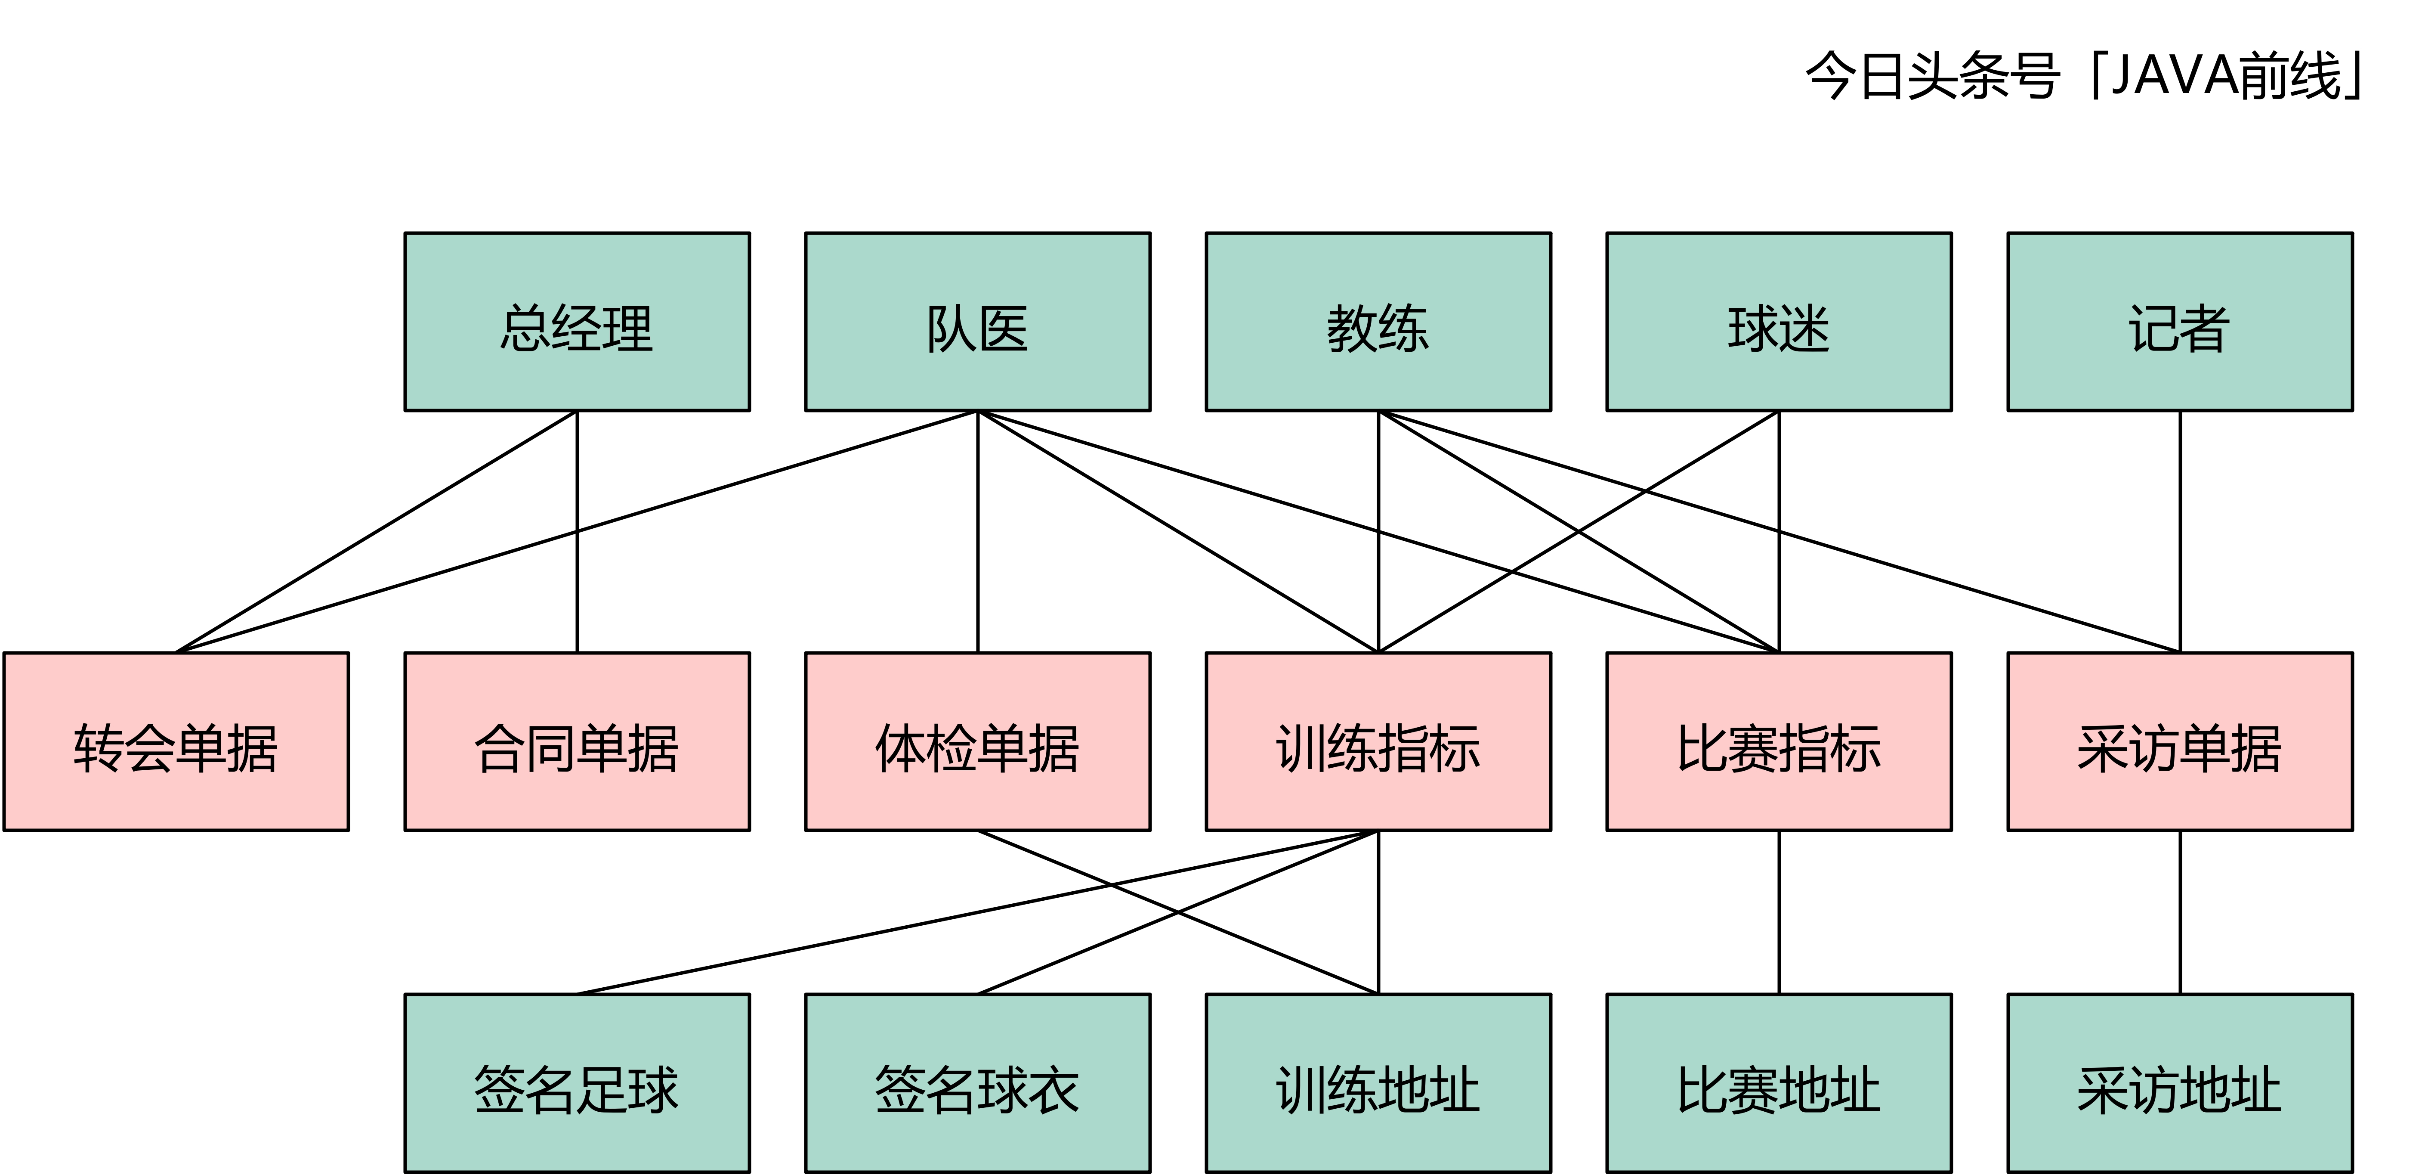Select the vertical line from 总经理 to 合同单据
tap(577, 583)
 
